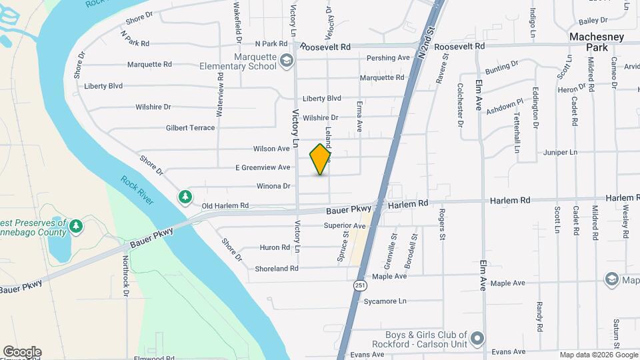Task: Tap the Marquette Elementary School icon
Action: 286,61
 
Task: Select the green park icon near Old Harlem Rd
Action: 185,197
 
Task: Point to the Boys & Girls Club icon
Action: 476,339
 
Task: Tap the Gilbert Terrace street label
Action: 191,127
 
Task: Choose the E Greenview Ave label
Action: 263,167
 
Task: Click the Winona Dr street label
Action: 273,186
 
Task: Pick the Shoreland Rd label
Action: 276,269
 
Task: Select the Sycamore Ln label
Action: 385,301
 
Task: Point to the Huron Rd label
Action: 275,247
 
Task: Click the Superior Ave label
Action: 345,226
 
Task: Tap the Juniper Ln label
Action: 560,152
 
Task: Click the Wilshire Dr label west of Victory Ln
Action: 153,107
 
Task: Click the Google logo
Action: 22,352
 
